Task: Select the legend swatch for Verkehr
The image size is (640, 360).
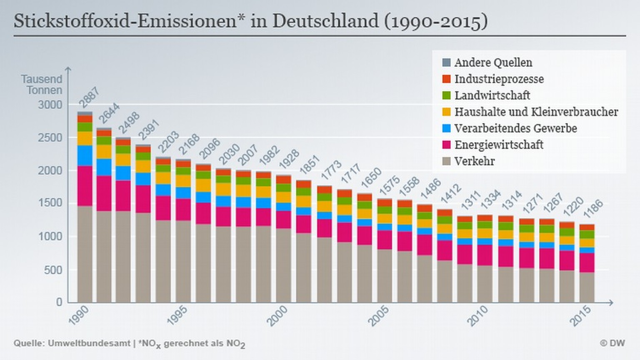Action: coord(446,161)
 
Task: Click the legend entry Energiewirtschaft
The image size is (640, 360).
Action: coord(499,145)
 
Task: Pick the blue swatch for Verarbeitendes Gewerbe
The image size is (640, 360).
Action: coord(446,128)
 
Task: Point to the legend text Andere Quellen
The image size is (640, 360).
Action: coord(493,62)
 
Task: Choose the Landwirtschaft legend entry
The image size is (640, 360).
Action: coord(492,95)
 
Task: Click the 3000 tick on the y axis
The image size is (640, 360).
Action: coord(50,105)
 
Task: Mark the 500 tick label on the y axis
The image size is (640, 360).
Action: coord(53,270)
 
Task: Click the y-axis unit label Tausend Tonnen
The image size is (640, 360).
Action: coord(42,85)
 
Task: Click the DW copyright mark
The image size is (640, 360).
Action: coord(612,343)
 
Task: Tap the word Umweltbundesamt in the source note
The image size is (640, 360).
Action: coord(89,343)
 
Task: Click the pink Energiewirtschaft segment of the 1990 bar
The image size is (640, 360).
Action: coord(85,186)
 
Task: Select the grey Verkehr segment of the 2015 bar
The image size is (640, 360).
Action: coord(587,287)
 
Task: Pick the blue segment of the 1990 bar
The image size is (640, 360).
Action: coord(85,155)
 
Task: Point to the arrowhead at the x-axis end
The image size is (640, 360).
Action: coord(611,302)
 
